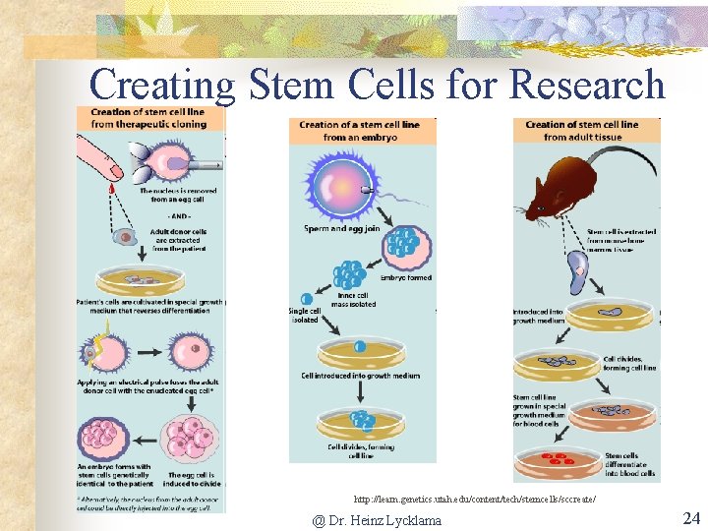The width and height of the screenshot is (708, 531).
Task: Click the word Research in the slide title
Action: [x=587, y=86]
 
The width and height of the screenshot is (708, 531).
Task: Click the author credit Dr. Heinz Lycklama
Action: [x=377, y=520]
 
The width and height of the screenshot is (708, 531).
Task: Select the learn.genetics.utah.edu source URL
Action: [x=474, y=500]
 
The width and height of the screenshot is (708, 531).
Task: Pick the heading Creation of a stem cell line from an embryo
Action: [x=359, y=131]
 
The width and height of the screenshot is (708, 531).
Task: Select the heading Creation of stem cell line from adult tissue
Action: [x=581, y=130]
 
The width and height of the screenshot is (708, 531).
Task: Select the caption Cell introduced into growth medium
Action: [x=360, y=376]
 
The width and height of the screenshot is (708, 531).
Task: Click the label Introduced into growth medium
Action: [x=537, y=317]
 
